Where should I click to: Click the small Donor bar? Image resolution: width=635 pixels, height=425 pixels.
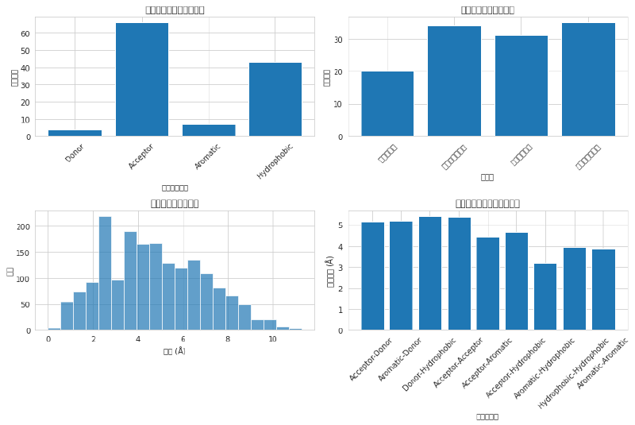pos(75,133)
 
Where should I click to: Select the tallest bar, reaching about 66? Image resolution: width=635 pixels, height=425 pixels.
pos(142,79)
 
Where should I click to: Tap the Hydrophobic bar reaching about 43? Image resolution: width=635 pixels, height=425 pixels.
pos(275,99)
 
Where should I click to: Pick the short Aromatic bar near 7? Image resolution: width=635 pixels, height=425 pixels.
pos(209,131)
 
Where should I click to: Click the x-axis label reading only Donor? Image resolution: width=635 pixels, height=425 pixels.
pos(75,153)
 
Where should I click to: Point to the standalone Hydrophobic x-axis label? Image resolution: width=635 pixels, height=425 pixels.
pos(276,160)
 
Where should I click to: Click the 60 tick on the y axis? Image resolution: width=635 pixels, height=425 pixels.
pos(25,33)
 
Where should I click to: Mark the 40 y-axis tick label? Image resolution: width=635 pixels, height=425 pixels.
pos(25,68)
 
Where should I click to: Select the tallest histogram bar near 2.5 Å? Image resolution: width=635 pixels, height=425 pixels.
pos(105,273)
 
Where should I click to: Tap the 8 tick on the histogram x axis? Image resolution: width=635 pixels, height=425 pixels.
pos(227,339)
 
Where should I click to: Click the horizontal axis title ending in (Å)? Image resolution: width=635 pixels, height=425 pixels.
pos(175,351)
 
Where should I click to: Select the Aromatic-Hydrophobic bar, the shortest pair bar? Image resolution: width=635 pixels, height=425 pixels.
pos(545,297)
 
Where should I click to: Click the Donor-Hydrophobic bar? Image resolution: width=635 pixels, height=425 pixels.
pos(430,274)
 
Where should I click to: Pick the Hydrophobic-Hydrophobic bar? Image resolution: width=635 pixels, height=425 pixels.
pos(574,289)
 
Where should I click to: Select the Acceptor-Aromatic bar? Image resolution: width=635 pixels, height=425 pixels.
pos(487,284)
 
